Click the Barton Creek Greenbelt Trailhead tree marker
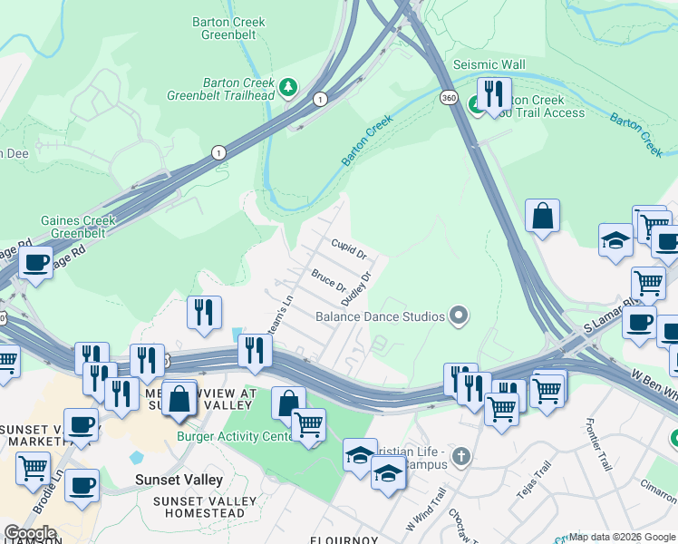[x=288, y=87]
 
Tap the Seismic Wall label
[x=489, y=65]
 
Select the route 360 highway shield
[x=449, y=97]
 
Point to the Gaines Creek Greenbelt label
[x=74, y=227]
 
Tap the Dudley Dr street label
[x=356, y=287]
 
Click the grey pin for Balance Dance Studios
[x=460, y=316]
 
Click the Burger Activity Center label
[x=232, y=436]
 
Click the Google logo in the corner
[x=30, y=533]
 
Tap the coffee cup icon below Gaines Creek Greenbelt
[x=37, y=263]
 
